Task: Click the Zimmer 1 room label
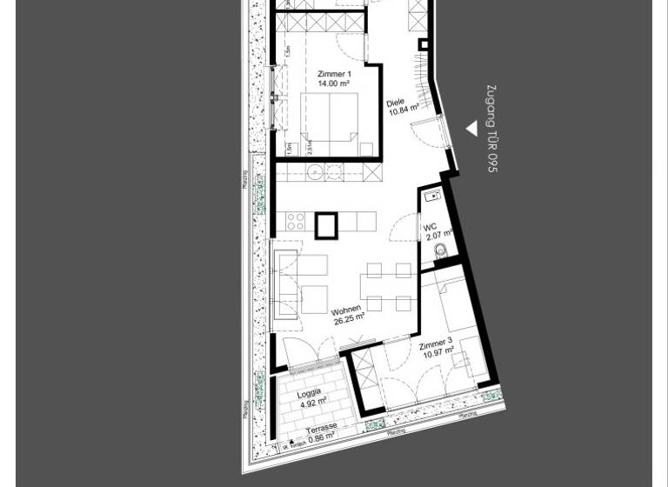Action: click(334, 74)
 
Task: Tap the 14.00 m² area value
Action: click(334, 84)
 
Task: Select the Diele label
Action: click(396, 103)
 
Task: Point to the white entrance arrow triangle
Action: click(471, 129)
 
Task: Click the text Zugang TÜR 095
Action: click(491, 129)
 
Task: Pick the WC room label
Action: click(430, 228)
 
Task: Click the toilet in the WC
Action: click(440, 252)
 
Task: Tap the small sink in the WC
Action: click(432, 196)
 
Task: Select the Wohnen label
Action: click(346, 310)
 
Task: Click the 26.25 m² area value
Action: click(349, 319)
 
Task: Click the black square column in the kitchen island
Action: click(326, 225)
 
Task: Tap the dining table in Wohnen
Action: click(389, 287)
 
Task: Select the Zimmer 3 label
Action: click(436, 344)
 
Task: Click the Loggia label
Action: click(309, 392)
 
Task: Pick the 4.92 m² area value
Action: click(312, 402)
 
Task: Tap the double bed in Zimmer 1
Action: click(330, 117)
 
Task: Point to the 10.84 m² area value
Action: click(404, 110)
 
